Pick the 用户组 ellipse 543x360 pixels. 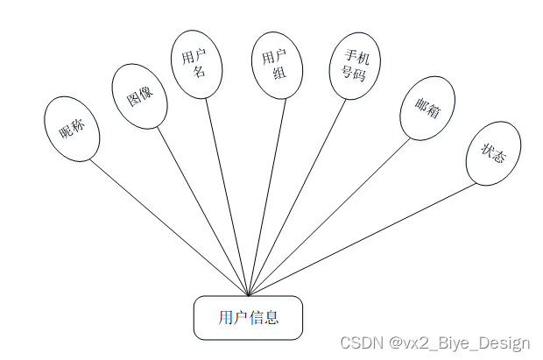276,65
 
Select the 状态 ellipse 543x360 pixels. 493,153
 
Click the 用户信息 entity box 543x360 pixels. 248,317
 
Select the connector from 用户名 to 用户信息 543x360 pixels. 228,197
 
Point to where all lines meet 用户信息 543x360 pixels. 249,296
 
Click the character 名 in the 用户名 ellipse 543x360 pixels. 199,73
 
